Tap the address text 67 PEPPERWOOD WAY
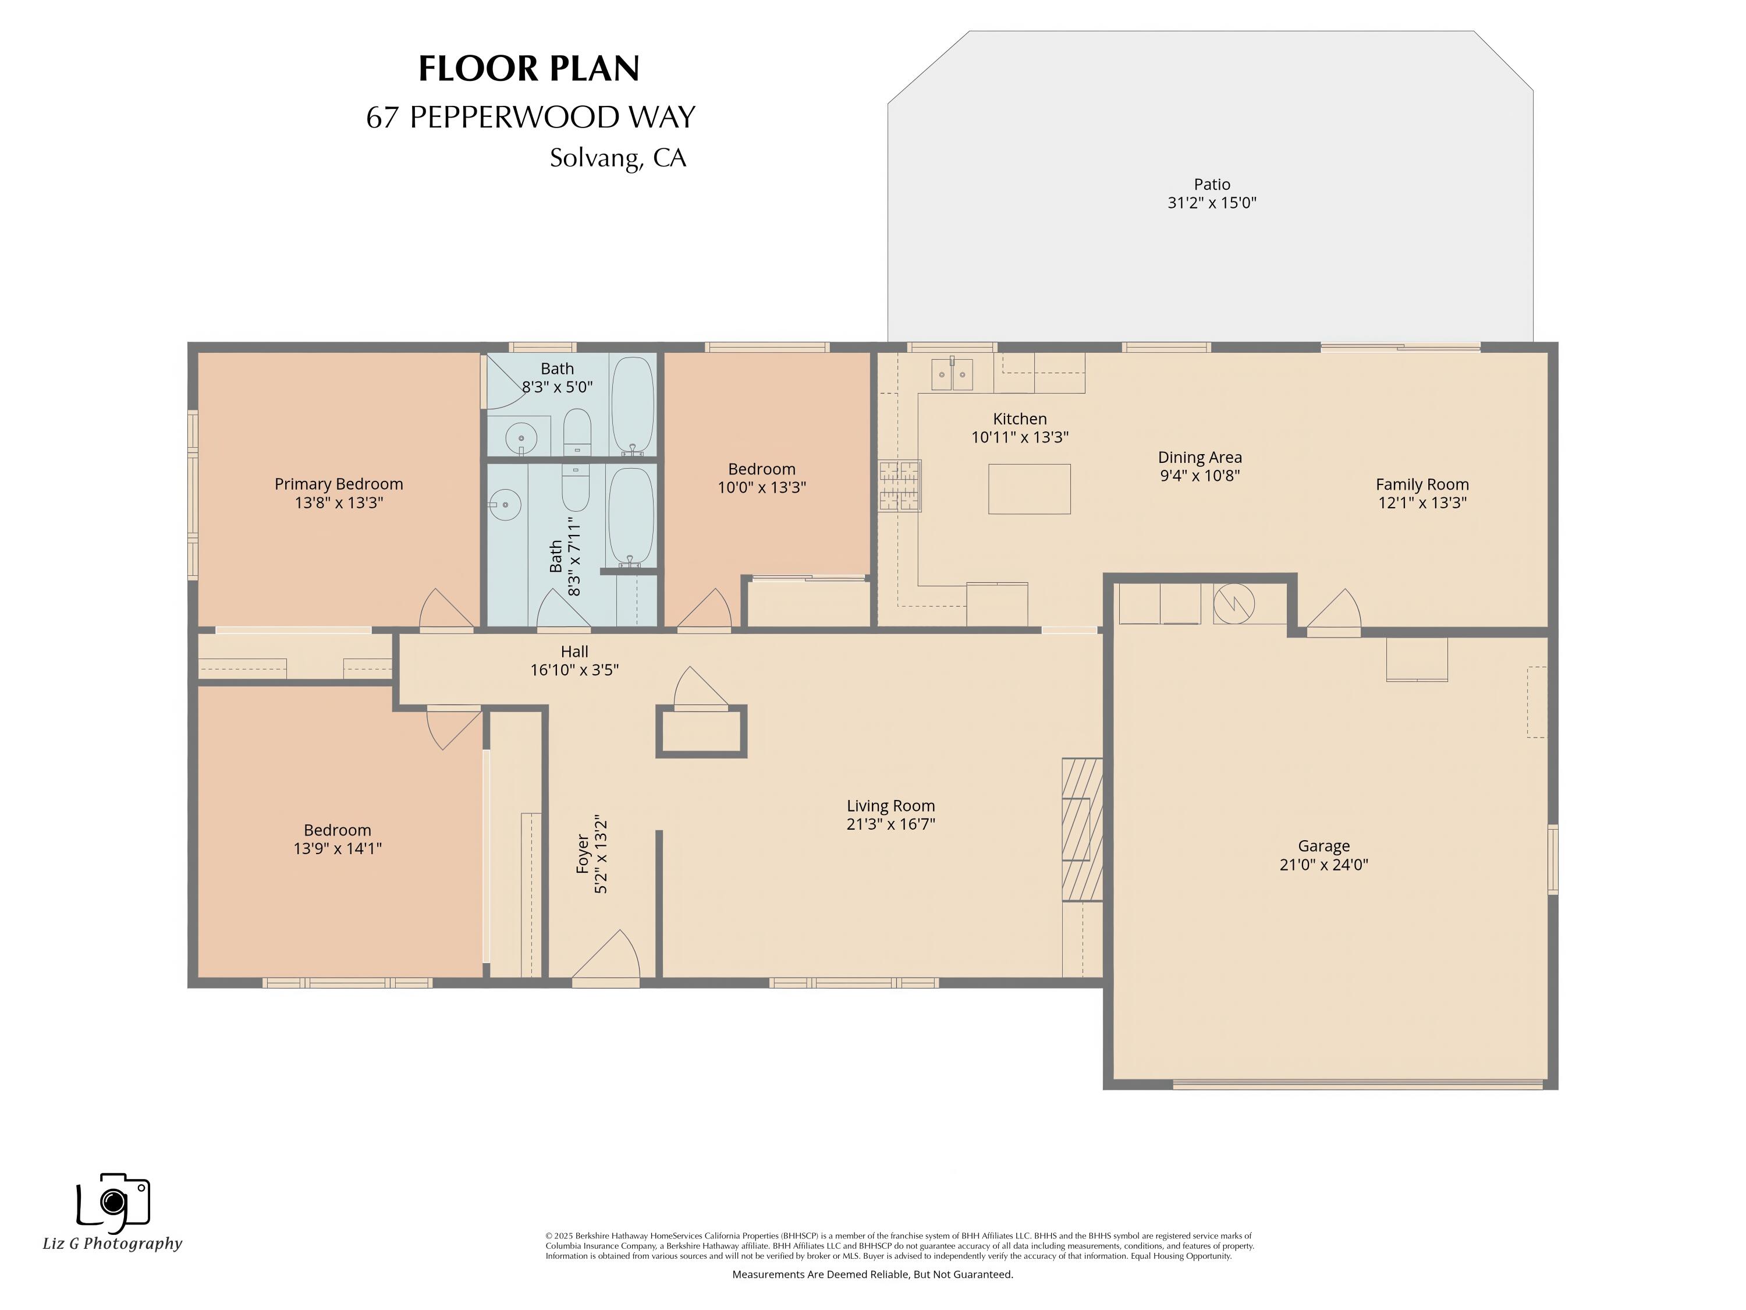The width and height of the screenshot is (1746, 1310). coord(530,118)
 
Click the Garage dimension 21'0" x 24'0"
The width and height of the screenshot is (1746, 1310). coord(1323,865)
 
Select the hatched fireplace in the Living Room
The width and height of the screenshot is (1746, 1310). coord(1081,829)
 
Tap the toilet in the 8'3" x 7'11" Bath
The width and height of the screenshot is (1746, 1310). coord(576,487)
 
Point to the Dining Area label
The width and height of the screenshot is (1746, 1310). coord(1199,457)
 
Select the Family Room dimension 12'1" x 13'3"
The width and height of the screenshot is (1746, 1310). coord(1422,503)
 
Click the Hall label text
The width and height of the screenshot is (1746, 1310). coord(574,652)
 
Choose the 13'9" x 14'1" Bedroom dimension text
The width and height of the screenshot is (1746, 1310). coord(337,849)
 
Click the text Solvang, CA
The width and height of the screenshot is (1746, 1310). coord(618,158)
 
